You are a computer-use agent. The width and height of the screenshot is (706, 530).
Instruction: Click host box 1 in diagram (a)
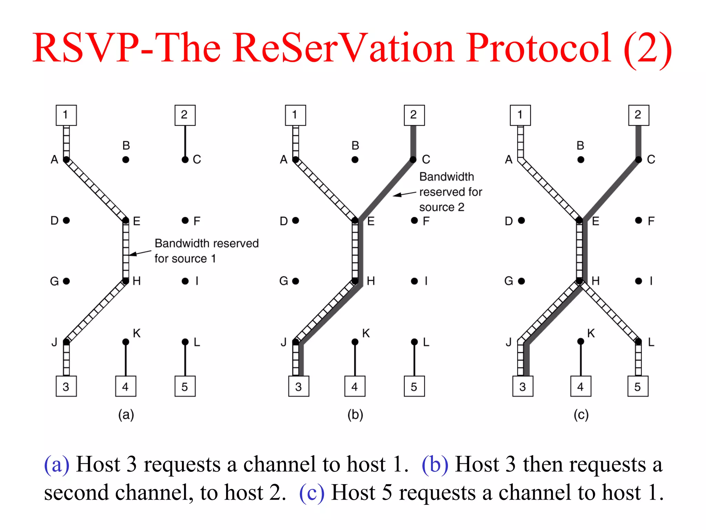(x=66, y=115)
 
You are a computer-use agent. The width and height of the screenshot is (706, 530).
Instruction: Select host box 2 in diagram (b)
(x=414, y=115)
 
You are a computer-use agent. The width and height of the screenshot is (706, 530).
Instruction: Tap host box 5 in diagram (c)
(x=638, y=386)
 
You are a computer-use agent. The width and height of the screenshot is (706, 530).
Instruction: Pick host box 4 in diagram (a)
(x=125, y=386)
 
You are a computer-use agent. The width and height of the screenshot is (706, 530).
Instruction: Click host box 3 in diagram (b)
(x=299, y=386)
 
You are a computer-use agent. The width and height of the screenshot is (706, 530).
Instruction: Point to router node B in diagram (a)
(x=126, y=160)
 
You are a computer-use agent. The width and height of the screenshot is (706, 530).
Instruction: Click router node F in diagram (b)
(x=414, y=220)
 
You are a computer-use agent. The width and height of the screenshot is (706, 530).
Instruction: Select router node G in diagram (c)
(x=521, y=281)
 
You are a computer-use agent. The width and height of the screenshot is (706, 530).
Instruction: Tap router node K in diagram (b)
(x=355, y=342)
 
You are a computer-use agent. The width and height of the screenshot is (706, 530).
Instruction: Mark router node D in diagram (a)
(x=67, y=220)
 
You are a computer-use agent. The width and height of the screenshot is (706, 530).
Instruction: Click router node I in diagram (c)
(x=639, y=281)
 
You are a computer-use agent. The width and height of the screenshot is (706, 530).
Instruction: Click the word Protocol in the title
(x=539, y=48)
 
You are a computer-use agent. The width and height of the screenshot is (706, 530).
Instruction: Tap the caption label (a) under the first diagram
(x=126, y=414)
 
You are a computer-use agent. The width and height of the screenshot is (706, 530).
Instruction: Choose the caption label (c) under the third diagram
(x=581, y=414)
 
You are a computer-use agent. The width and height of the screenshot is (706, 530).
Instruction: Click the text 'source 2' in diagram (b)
(x=442, y=207)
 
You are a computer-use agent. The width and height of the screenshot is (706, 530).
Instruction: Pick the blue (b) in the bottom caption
(x=435, y=464)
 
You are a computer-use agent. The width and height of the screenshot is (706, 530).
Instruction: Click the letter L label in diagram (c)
(x=651, y=342)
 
